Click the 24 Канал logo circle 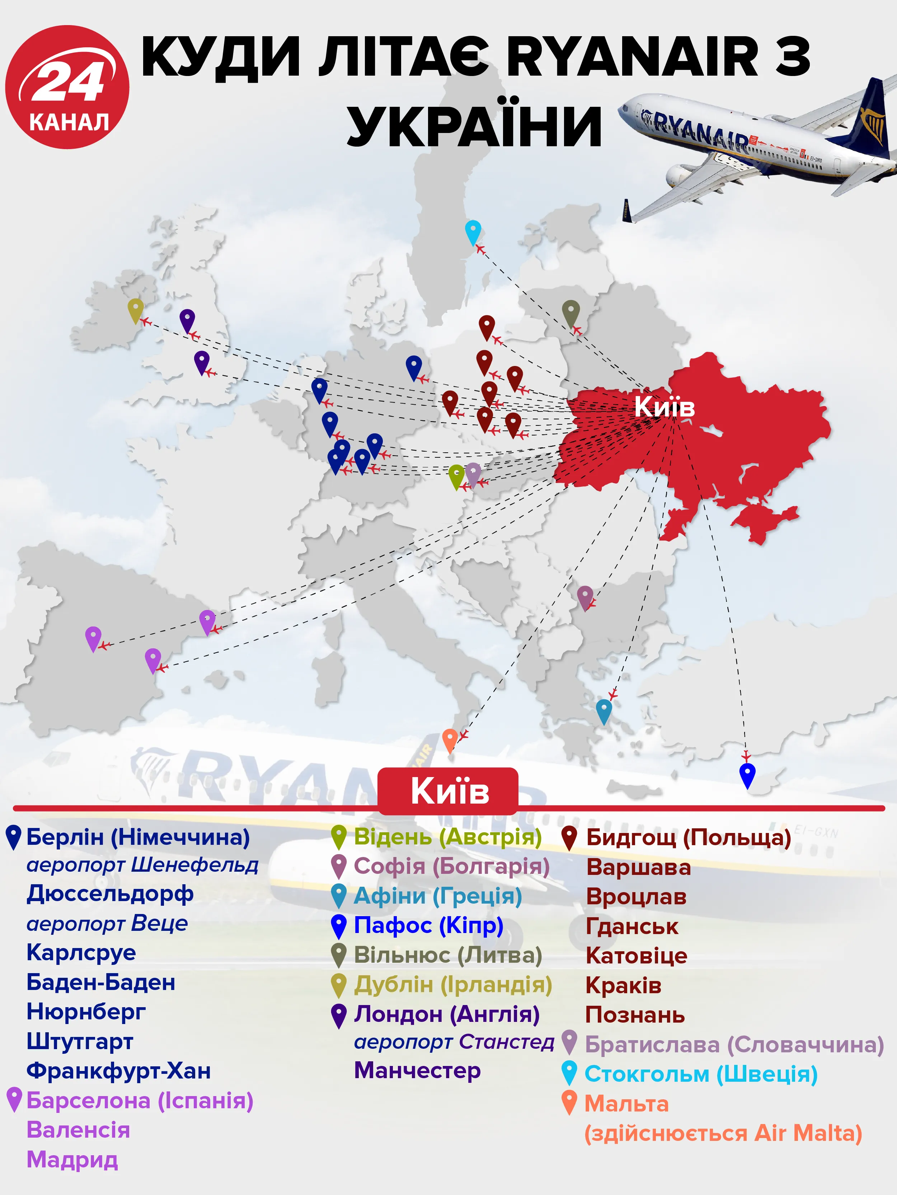pyautogui.click(x=67, y=86)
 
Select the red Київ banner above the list pyautogui.click(x=448, y=791)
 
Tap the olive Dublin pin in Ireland pyautogui.click(x=135, y=310)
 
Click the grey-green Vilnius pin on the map pyautogui.click(x=571, y=312)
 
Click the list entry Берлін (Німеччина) pyautogui.click(x=138, y=837)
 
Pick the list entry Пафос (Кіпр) pyautogui.click(x=428, y=925)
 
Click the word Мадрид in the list pyautogui.click(x=72, y=1160)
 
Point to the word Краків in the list pyautogui.click(x=623, y=985)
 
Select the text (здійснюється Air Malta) pyautogui.click(x=723, y=1133)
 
